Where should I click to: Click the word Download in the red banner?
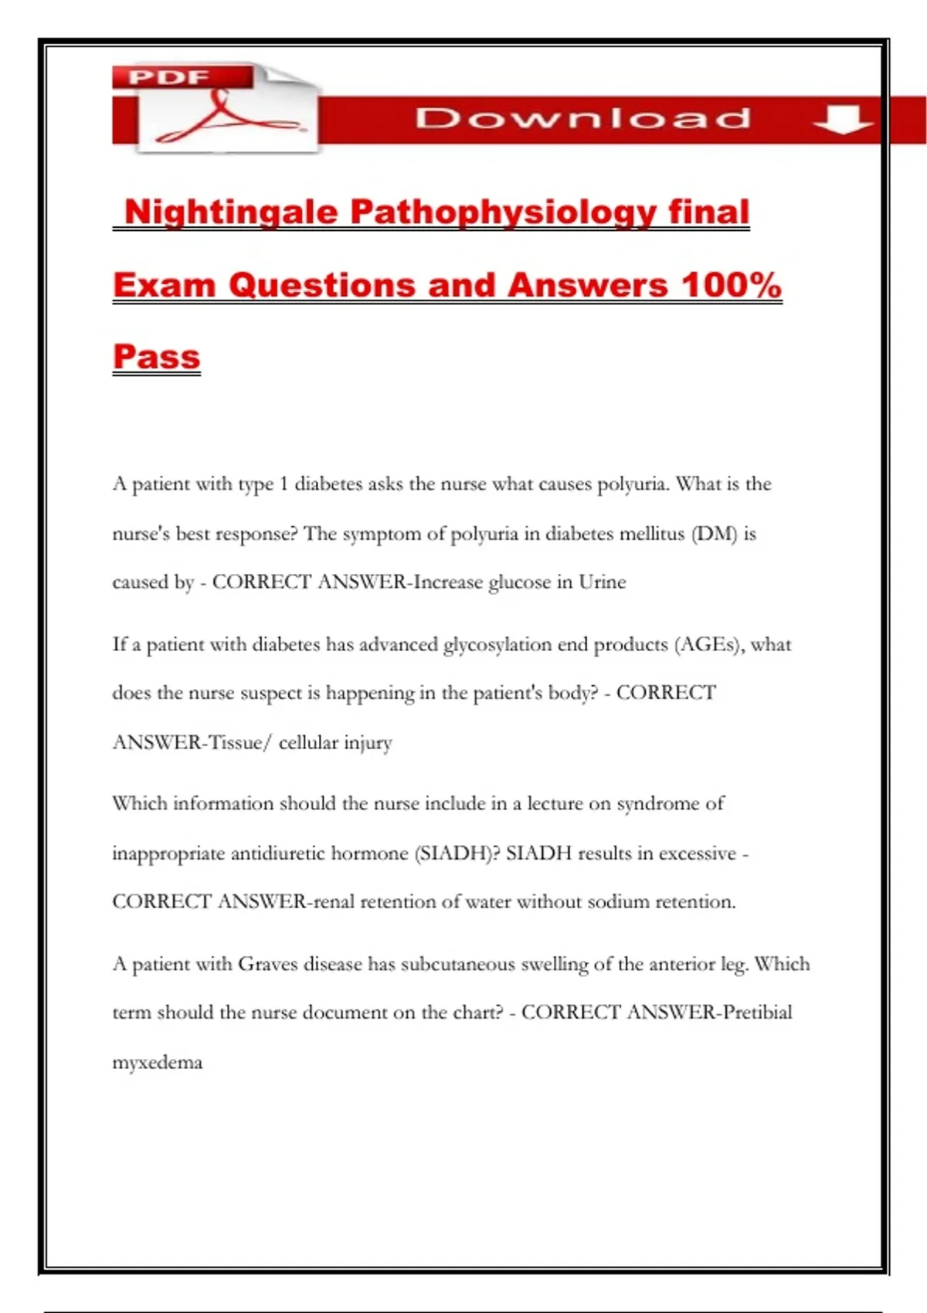[583, 118]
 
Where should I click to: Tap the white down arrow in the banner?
[843, 119]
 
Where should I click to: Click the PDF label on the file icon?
[168, 77]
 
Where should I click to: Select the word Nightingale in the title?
[231, 212]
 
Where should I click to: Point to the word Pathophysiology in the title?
[503, 212]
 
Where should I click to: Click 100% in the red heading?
[731, 285]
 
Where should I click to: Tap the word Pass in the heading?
[157, 357]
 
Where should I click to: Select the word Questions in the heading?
[324, 285]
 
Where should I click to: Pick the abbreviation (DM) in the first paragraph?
[715, 534]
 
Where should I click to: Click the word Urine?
[603, 582]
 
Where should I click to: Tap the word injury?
[368, 743]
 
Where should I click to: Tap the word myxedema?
[158, 1063]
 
